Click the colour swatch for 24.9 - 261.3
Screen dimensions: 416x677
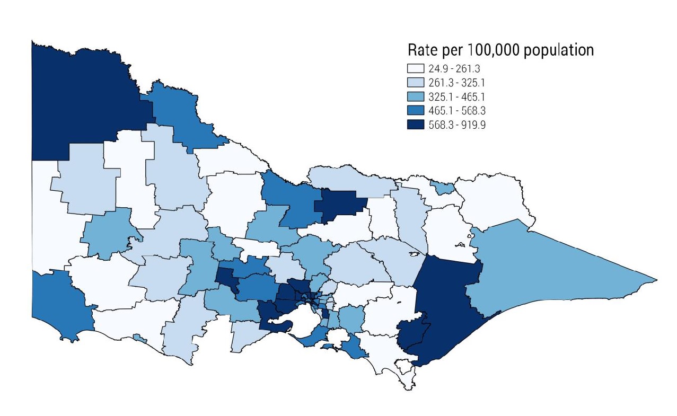[416, 68]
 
